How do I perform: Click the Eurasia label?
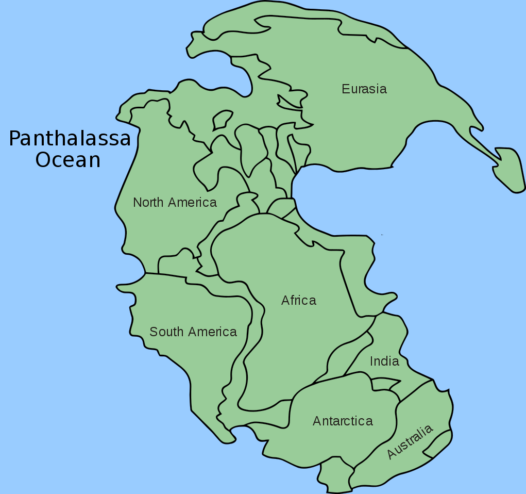(364, 89)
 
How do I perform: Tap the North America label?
(175, 202)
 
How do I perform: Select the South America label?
(193, 332)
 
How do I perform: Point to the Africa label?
(299, 300)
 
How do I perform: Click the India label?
(384, 361)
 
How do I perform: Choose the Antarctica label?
(343, 421)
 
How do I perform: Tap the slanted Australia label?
(410, 442)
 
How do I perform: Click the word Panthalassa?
(70, 139)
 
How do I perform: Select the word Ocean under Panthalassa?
(67, 160)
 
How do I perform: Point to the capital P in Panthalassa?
(15, 139)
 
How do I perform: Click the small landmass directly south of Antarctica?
(335, 474)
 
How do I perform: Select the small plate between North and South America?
(175, 263)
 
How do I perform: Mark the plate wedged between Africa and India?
(350, 356)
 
